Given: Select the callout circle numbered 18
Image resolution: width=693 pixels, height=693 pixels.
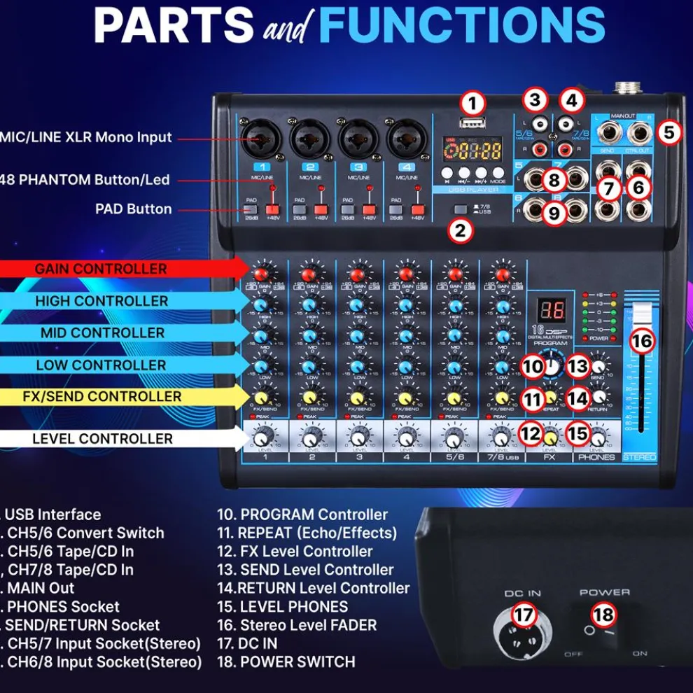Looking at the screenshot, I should pyautogui.click(x=603, y=615).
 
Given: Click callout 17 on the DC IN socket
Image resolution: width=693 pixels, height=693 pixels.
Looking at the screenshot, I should pyautogui.click(x=524, y=616).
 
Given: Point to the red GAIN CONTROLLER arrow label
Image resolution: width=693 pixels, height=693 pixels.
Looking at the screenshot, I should pyautogui.click(x=101, y=269).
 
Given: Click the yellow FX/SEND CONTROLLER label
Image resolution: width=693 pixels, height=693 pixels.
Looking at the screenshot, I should pyautogui.click(x=102, y=397).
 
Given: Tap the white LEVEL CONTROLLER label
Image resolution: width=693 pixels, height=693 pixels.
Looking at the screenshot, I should pyautogui.click(x=102, y=439).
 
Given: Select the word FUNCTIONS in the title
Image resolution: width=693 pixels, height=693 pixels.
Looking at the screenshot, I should pyautogui.click(x=462, y=25).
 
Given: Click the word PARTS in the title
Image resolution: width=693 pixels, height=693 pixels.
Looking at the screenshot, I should pyautogui.click(x=174, y=25).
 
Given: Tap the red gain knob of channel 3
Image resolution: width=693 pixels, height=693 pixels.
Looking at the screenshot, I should pyautogui.click(x=357, y=273).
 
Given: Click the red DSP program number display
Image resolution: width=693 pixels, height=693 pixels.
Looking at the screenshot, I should pyautogui.click(x=551, y=310).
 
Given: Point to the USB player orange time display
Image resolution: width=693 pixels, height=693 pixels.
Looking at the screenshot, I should pyautogui.click(x=473, y=151).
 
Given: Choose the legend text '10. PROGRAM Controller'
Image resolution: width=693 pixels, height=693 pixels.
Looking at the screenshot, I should pyautogui.click(x=302, y=515).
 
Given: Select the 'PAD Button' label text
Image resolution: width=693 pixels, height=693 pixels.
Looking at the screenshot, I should pyautogui.click(x=133, y=209).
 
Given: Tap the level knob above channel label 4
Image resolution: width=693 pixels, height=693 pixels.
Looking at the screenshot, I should pyautogui.click(x=405, y=439).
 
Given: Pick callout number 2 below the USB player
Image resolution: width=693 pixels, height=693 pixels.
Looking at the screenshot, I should pyautogui.click(x=459, y=230).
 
